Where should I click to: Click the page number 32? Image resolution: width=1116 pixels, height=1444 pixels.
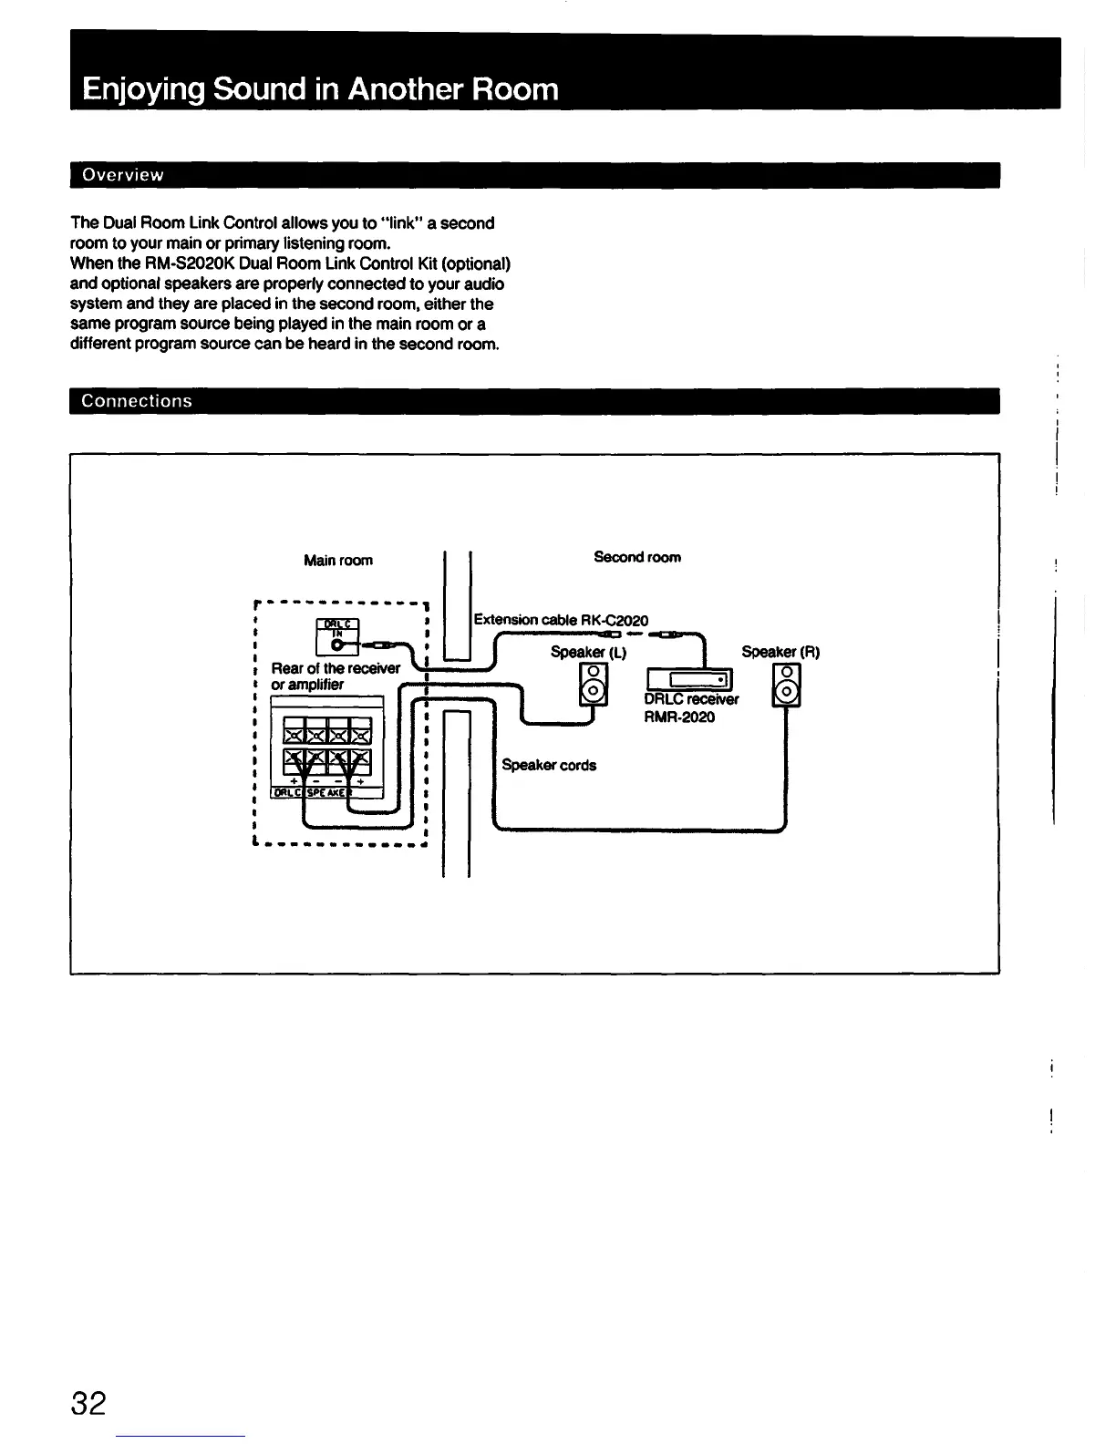pyautogui.click(x=88, y=1402)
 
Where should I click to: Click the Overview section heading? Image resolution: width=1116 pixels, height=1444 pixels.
pyautogui.click(x=122, y=175)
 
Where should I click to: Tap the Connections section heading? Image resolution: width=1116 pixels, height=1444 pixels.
pyautogui.click(x=137, y=401)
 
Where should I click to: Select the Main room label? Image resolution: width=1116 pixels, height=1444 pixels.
pyautogui.click(x=338, y=560)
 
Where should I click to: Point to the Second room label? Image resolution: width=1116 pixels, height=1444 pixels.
pyautogui.click(x=636, y=557)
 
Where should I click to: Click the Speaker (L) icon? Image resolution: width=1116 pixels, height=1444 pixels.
pyautogui.click(x=592, y=683)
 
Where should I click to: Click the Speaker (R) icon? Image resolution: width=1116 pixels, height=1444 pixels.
pyautogui.click(x=785, y=684)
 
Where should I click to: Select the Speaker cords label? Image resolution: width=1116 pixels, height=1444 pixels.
pyautogui.click(x=549, y=765)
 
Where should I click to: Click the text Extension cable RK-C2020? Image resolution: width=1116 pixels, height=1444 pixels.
pyautogui.click(x=561, y=620)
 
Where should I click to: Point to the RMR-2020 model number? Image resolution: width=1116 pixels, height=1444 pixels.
pyautogui.click(x=679, y=717)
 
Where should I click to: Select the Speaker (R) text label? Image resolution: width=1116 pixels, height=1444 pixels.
pyautogui.click(x=780, y=651)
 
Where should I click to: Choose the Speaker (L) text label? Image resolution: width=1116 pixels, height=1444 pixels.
pyautogui.click(x=588, y=651)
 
